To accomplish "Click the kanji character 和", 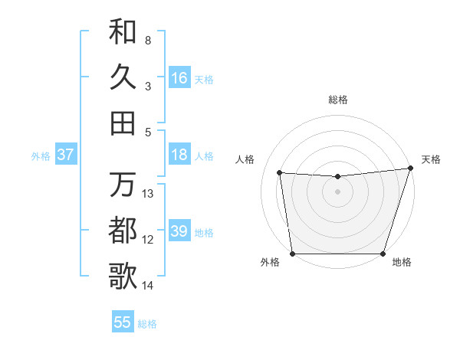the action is [x=123, y=31].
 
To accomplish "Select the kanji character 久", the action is [x=123, y=77].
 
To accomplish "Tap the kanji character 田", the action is [x=123, y=123].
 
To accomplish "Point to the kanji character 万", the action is [x=123, y=185].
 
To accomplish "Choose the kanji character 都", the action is [x=123, y=231].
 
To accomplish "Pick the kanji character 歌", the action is [x=123, y=277].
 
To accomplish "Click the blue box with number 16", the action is [x=179, y=78].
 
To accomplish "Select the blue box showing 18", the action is [x=179, y=155].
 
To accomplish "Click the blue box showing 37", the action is [x=65, y=155].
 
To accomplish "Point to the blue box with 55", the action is [x=123, y=322].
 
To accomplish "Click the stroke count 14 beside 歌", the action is [x=148, y=286].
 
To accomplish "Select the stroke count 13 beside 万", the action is [x=148, y=194].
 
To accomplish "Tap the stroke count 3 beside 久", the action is [x=148, y=87].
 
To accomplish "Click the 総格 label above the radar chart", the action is [x=338, y=100].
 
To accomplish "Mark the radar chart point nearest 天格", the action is [x=410, y=169].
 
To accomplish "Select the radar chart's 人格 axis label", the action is [x=245, y=159].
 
